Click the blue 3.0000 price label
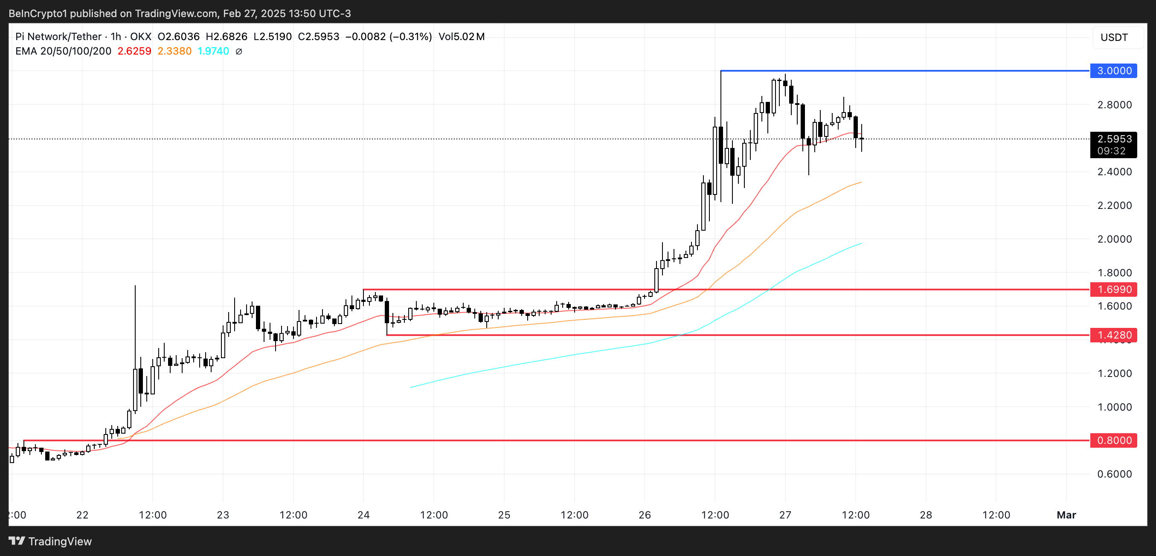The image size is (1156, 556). (1113, 71)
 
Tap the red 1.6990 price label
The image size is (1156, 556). (1113, 289)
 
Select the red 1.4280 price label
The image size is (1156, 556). (1113, 335)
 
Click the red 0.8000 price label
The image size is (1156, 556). (1113, 440)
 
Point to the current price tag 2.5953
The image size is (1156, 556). (1113, 139)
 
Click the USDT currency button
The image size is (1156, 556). (1114, 37)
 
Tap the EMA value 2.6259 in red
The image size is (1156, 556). (134, 51)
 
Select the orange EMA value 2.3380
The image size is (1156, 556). (174, 51)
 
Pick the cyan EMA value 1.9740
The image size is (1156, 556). (213, 51)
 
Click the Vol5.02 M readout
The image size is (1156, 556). (461, 37)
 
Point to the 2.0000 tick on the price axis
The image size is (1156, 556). (1114, 239)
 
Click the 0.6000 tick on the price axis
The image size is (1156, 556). (1114, 474)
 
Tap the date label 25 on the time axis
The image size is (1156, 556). (504, 515)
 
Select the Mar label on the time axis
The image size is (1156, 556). (1066, 515)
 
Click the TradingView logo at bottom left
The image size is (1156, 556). (50, 541)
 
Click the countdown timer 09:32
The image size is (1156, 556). (1111, 151)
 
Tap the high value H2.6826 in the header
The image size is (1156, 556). (226, 37)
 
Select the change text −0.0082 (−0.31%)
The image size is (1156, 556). (388, 37)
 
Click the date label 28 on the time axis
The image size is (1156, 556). (926, 515)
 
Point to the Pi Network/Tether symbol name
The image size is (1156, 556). (58, 37)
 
